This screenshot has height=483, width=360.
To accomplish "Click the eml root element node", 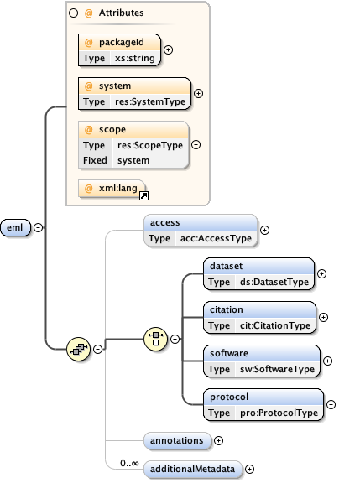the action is [15, 227].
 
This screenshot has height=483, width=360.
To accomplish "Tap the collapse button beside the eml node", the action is [39, 227].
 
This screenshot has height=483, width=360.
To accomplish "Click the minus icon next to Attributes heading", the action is [73, 13].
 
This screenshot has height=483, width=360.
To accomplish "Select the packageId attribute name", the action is [122, 42].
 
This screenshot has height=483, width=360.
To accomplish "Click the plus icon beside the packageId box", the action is [168, 50].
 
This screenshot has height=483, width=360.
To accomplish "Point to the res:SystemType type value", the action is [150, 101].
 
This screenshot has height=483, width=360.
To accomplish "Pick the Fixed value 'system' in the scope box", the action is [133, 160].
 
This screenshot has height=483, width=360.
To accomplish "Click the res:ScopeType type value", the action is [150, 145].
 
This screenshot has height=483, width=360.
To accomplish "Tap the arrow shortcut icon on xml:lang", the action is [144, 195].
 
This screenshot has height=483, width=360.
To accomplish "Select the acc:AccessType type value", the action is [216, 238].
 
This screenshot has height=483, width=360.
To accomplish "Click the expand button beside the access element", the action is [265, 230].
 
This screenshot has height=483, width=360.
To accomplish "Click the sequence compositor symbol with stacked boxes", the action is [79, 349].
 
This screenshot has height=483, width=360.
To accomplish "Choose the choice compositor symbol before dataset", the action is [155, 339].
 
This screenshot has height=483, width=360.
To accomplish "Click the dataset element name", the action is [226, 266].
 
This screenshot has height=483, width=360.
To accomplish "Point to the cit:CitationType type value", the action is [275, 325].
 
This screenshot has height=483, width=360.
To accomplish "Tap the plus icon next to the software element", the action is [327, 361].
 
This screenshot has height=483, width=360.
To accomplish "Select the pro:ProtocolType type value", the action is [279, 413].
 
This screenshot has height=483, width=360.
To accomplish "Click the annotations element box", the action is [178, 441].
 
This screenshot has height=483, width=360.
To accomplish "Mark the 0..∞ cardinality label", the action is [129, 463].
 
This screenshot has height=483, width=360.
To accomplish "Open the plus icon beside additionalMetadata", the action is [249, 469].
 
